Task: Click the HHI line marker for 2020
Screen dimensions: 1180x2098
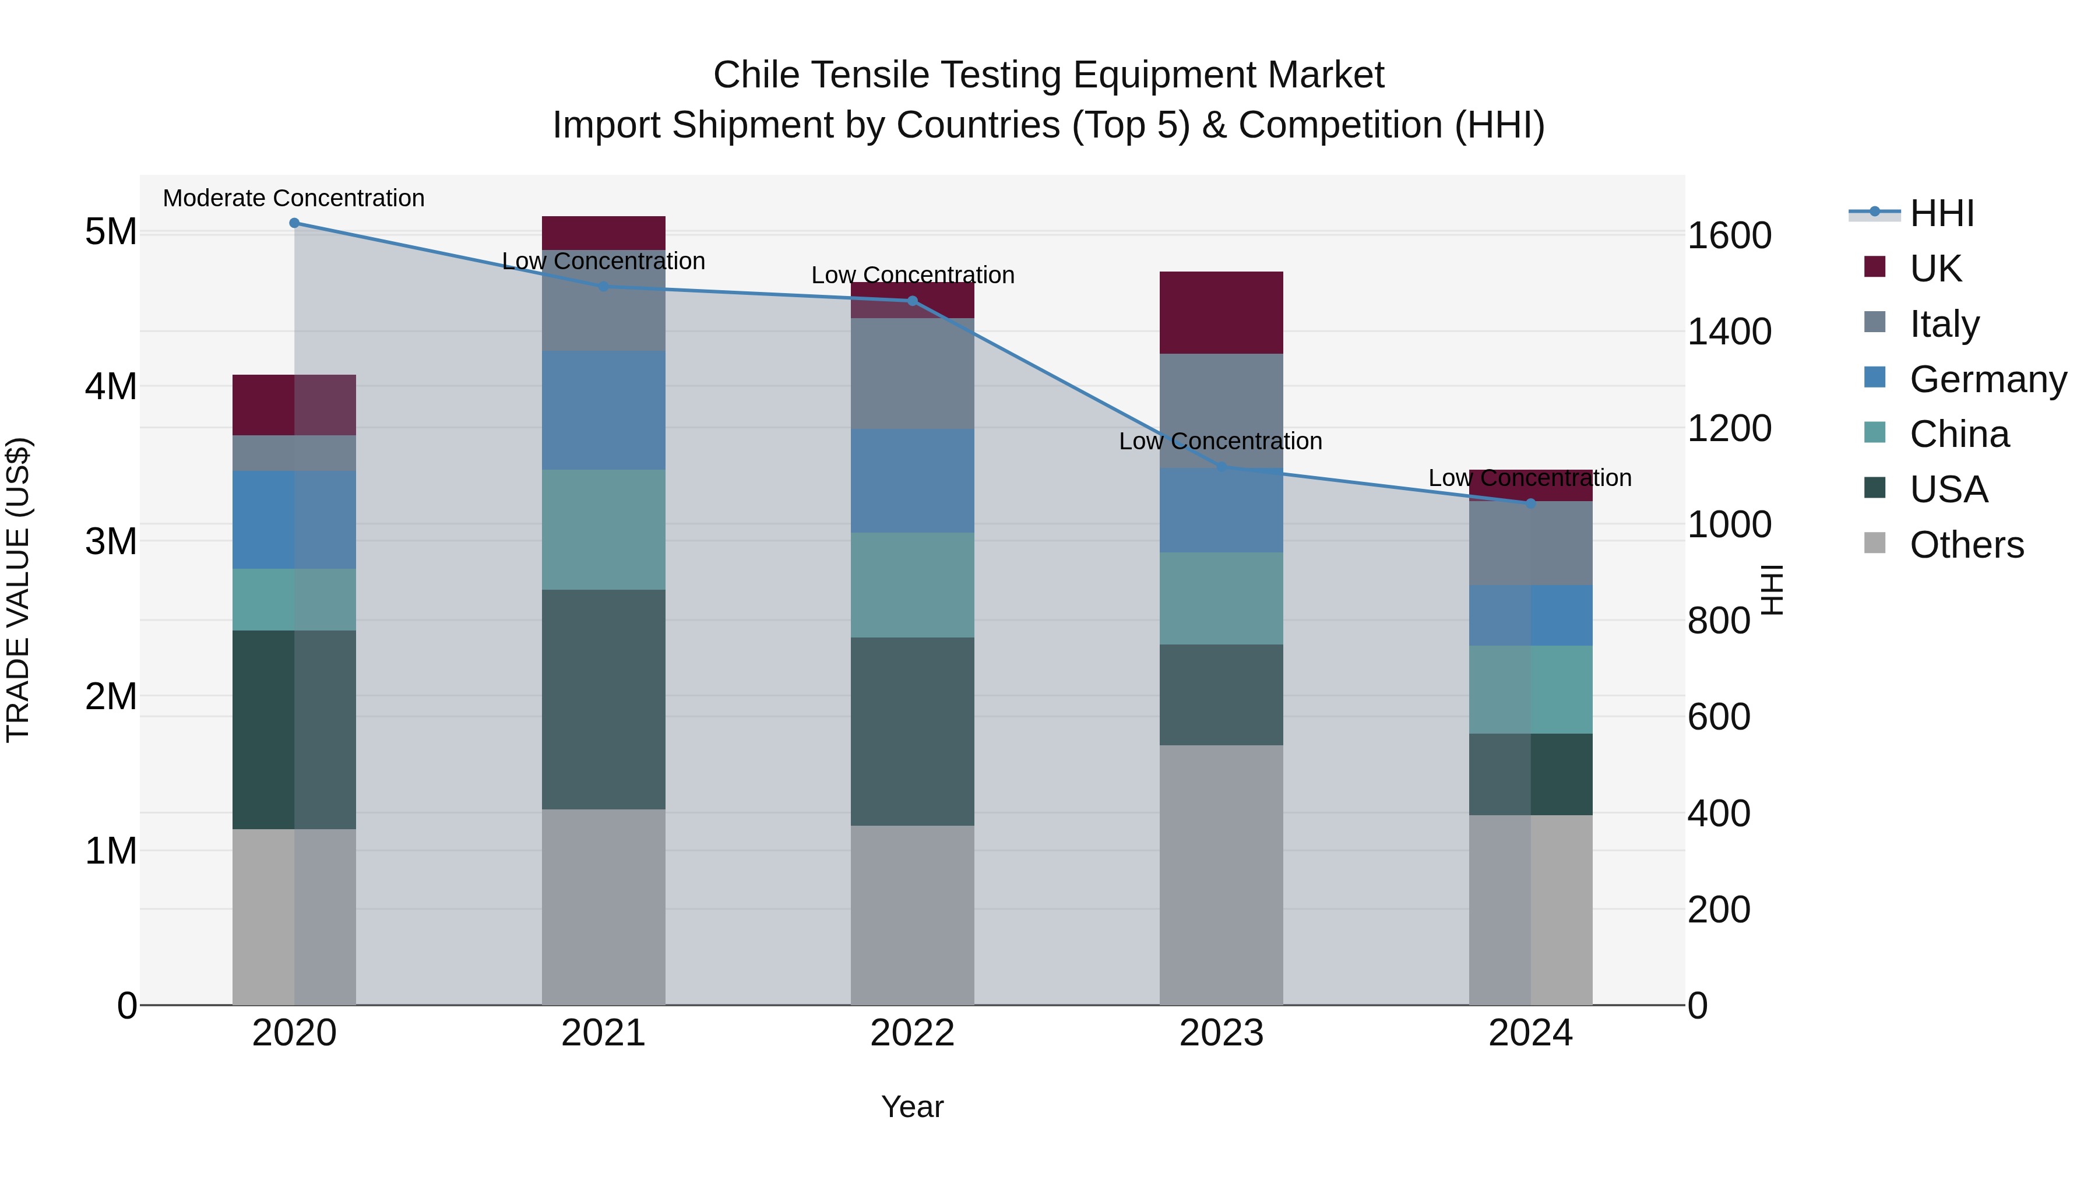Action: (x=294, y=223)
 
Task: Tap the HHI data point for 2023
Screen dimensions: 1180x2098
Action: (x=1221, y=467)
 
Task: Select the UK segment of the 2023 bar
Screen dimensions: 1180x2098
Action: (x=1221, y=313)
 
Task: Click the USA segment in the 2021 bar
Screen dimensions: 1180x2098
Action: (x=604, y=699)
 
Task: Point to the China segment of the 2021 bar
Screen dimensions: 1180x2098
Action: (x=604, y=529)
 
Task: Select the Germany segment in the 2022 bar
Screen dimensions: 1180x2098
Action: (x=912, y=481)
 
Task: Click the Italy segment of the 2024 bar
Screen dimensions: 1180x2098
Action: (x=1530, y=543)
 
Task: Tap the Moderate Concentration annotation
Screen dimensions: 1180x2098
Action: (x=294, y=198)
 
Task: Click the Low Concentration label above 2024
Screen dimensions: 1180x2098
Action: (x=1530, y=478)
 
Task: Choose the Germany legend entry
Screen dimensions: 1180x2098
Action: (x=1987, y=379)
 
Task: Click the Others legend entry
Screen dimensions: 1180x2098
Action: (x=1966, y=545)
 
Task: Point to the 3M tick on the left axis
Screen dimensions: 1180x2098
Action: (x=111, y=541)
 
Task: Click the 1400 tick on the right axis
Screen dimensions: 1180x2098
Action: (x=1729, y=332)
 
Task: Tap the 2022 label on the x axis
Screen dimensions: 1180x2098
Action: (x=912, y=1033)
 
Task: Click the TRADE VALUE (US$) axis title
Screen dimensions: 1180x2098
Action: (x=18, y=590)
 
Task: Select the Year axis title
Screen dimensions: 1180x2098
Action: (x=912, y=1107)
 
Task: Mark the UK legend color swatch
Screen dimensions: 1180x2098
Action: (x=1875, y=267)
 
